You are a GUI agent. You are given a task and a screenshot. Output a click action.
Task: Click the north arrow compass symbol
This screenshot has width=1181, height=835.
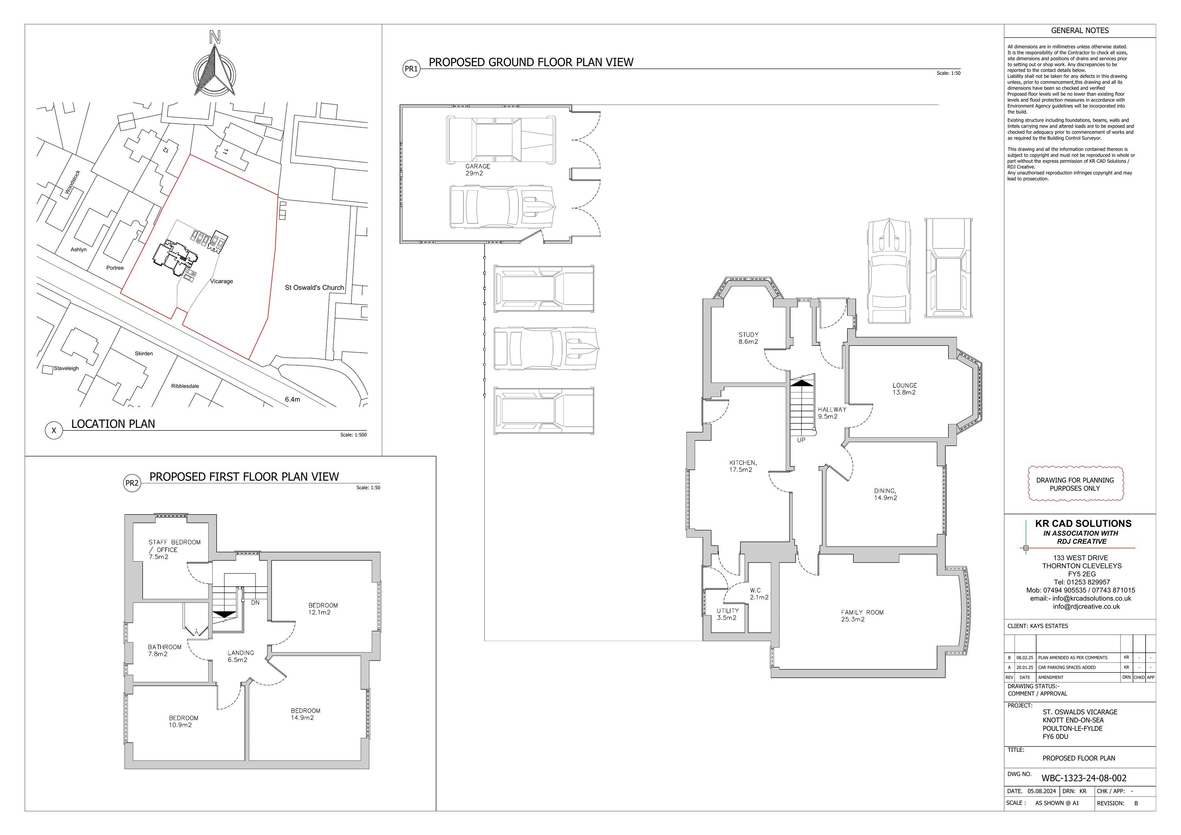215,66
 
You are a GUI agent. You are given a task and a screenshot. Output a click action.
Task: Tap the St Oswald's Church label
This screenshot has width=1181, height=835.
314,288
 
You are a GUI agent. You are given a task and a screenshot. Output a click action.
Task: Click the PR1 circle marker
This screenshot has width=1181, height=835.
411,69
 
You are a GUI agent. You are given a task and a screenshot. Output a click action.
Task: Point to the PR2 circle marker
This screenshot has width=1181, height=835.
132,483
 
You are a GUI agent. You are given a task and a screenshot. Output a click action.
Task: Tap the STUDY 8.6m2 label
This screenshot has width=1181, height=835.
748,338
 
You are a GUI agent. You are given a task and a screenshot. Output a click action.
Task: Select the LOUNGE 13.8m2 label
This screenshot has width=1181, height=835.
905,389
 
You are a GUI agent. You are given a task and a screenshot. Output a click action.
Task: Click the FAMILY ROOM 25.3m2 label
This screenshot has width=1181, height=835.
862,616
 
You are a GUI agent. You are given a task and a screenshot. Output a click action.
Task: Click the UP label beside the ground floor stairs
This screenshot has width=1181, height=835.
801,440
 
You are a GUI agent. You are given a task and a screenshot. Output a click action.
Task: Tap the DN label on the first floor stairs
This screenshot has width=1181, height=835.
255,603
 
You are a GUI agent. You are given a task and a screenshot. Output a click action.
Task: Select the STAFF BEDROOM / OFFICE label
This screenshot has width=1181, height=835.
174,549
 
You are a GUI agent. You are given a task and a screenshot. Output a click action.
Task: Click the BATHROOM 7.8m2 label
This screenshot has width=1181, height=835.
165,651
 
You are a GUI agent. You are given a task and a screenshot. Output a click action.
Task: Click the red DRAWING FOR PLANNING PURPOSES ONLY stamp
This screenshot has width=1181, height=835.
1075,484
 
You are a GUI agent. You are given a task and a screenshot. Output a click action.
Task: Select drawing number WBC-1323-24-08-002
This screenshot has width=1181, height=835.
1084,778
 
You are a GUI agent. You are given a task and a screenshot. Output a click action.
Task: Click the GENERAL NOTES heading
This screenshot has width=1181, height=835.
1080,30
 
